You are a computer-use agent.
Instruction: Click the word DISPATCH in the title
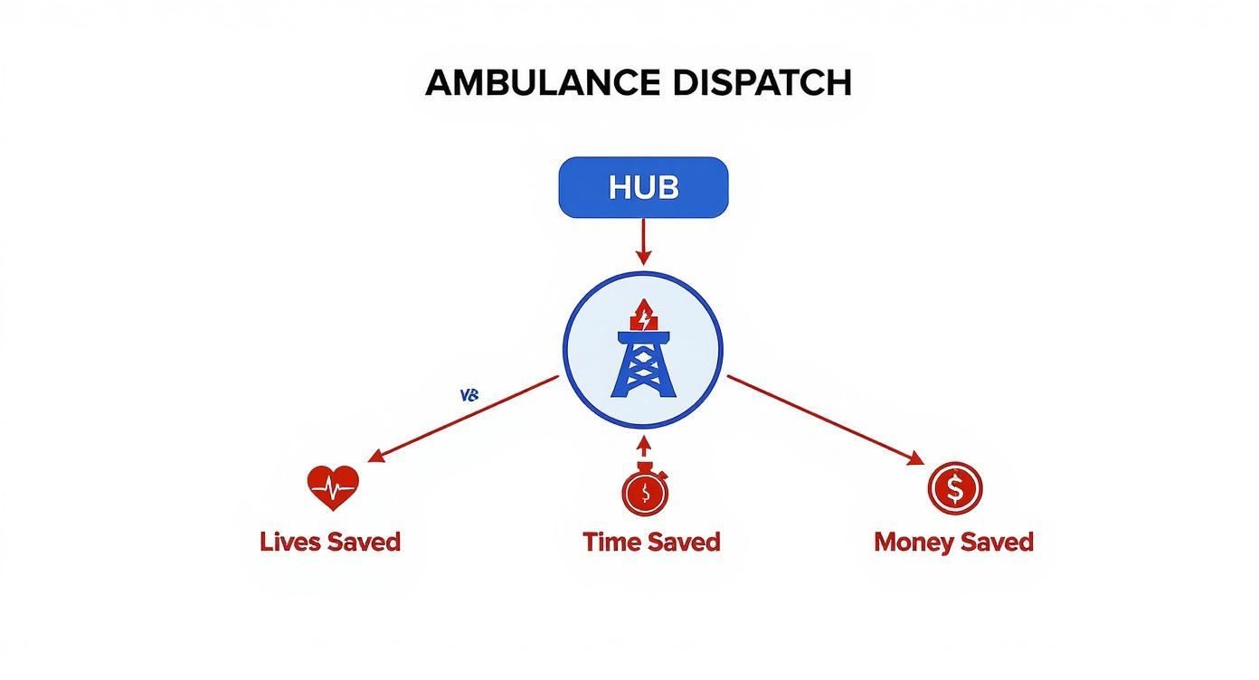click(x=762, y=83)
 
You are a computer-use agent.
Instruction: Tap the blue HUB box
click(x=643, y=187)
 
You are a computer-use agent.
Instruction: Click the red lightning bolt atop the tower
click(x=643, y=318)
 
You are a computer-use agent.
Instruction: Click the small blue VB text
click(x=469, y=395)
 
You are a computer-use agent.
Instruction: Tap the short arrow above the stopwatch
click(x=643, y=447)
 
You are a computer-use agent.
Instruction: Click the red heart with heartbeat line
click(x=333, y=488)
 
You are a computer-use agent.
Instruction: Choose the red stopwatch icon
click(x=644, y=491)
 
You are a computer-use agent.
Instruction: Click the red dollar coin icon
click(x=954, y=489)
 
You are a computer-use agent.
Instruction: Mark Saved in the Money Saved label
click(x=994, y=543)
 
